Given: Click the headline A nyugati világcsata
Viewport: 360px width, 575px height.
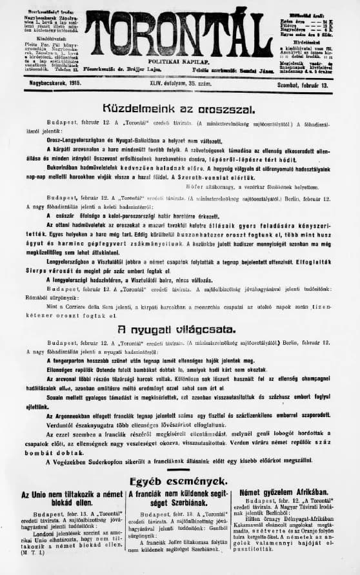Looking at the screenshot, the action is tap(179, 329).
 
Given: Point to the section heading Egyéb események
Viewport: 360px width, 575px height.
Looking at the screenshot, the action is tap(179, 481).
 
